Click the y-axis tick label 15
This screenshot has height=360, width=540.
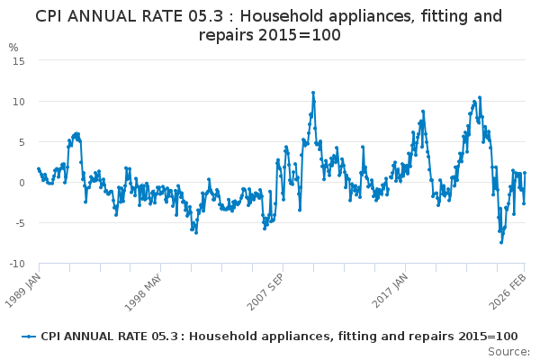click(18, 60)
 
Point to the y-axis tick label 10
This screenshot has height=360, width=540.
click(18, 101)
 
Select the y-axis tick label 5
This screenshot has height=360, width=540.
click(21, 141)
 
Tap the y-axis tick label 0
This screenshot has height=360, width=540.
click(21, 183)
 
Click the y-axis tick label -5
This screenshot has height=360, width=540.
click(19, 223)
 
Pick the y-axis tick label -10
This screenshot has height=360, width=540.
click(16, 264)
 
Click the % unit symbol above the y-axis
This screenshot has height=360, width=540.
click(13, 47)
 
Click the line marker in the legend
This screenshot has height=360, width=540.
click(31, 336)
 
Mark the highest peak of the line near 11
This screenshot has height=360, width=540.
click(313, 93)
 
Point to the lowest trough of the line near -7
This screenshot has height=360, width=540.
click(500, 242)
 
